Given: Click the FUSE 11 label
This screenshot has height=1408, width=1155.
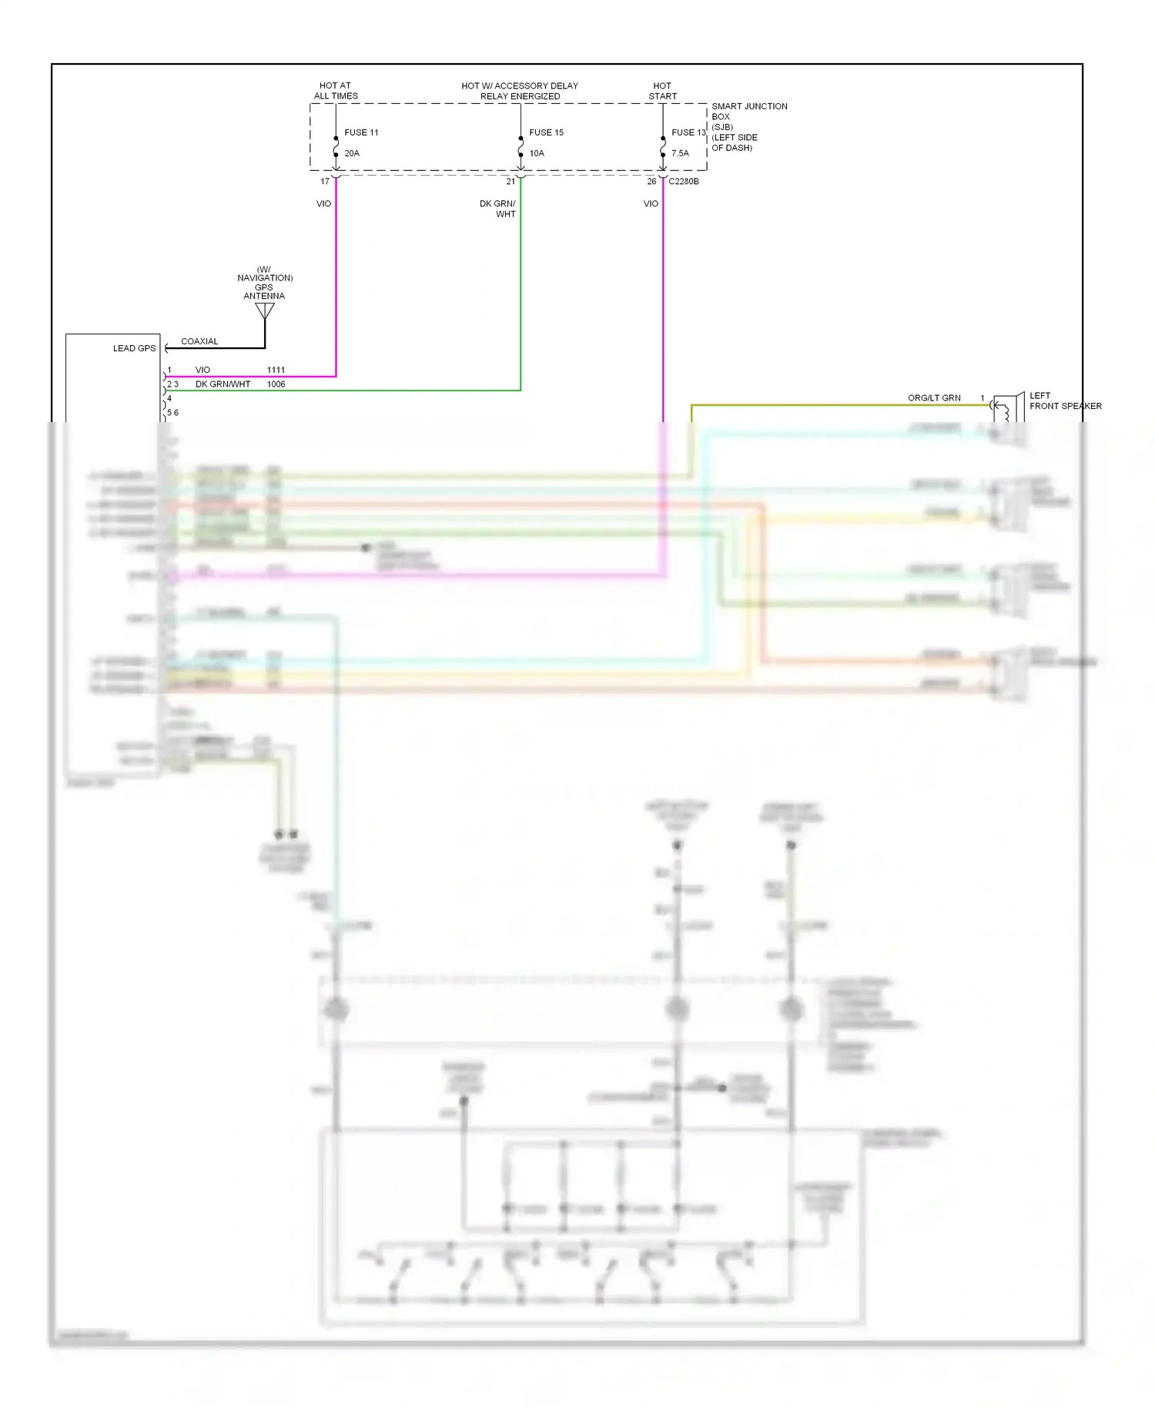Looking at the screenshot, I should (361, 132).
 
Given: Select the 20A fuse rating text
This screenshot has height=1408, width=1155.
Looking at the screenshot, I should (352, 153).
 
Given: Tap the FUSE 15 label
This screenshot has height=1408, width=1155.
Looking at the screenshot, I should (546, 132).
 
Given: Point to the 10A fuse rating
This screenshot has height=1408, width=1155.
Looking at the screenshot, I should (537, 153).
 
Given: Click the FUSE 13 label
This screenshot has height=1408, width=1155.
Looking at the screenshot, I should (688, 132).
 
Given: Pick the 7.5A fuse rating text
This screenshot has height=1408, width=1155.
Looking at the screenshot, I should (680, 153).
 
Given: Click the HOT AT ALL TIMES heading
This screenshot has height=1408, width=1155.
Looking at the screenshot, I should (336, 91).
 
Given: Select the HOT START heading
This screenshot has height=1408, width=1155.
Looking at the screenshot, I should (662, 91).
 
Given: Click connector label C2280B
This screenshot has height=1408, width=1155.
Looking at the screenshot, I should (684, 182).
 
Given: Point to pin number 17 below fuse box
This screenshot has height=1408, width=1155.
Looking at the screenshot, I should (325, 182).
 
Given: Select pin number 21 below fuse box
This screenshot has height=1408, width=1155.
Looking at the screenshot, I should (511, 182).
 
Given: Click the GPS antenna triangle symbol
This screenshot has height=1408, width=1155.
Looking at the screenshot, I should (265, 310).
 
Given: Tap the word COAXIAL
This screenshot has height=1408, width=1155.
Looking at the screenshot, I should (199, 341).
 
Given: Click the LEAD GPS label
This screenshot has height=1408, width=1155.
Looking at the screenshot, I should (134, 348).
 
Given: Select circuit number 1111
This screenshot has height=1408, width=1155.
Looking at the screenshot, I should (276, 370).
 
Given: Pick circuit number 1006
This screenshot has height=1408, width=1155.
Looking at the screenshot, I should (276, 384).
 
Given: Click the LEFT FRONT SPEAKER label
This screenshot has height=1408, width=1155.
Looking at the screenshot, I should (1065, 401).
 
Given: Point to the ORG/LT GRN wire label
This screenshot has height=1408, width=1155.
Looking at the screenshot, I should (934, 398).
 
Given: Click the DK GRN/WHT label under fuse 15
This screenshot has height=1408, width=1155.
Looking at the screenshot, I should (498, 209).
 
